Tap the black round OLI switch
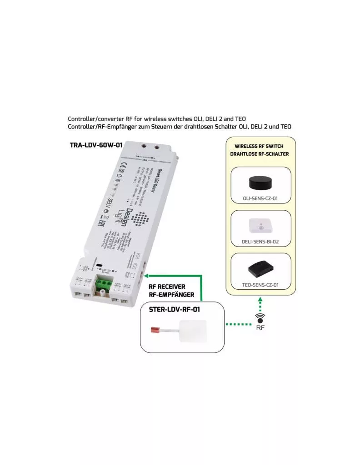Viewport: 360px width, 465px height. coord(260,183)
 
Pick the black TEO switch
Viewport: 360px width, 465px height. coord(260,269)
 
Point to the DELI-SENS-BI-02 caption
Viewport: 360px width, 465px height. coord(260,242)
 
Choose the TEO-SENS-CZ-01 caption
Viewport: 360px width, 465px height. coord(260,285)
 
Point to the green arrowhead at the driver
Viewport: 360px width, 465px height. coord(149,275)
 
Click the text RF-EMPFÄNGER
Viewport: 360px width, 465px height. coord(171,295)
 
